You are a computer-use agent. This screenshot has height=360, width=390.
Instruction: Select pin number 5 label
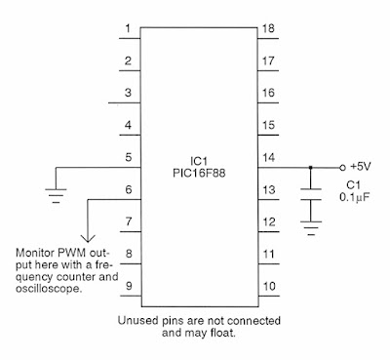tap(127, 156)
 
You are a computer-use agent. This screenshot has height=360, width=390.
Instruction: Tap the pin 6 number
tap(127, 188)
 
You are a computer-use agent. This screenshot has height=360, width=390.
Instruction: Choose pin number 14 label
tap(267, 156)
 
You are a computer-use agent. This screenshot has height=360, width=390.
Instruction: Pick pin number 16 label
tap(267, 93)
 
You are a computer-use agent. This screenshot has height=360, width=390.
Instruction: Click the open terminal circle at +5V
tap(342, 167)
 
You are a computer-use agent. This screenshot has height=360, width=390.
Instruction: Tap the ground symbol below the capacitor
tap(311, 230)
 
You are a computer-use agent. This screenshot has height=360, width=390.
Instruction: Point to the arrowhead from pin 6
tap(88, 234)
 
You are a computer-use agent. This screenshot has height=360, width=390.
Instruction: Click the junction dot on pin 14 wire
tap(311, 167)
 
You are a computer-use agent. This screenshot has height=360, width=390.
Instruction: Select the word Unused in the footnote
tap(138, 319)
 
